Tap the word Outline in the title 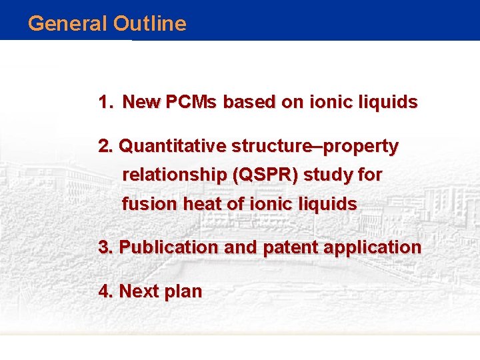point(149,23)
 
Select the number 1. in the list point(106,103)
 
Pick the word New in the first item point(142,103)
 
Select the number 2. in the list point(106,146)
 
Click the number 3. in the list point(106,247)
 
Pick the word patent point(291,247)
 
